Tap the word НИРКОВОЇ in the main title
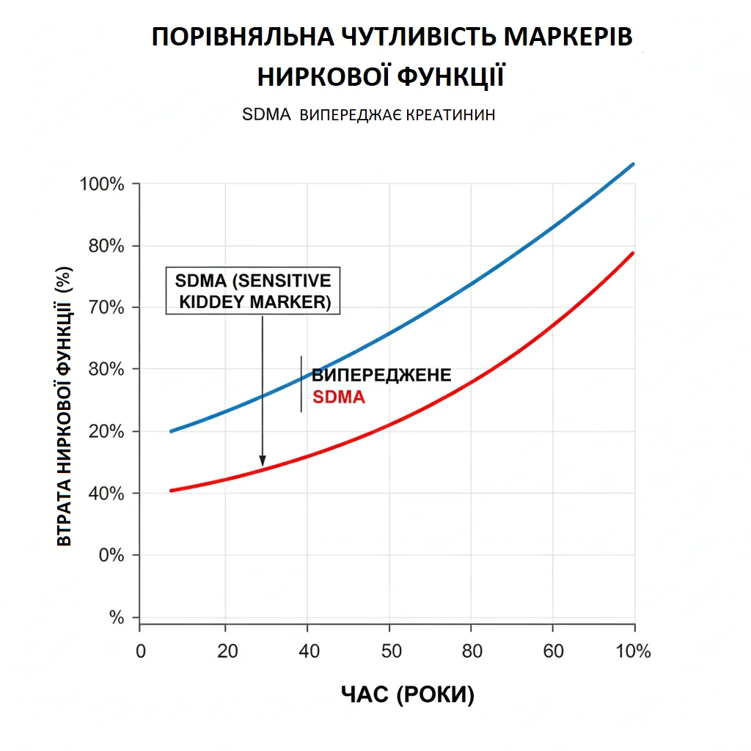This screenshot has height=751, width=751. click(319, 76)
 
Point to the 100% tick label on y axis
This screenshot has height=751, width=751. click(102, 184)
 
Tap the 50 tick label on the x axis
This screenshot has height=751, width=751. click(389, 652)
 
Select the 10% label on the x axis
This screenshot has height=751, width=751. click(634, 652)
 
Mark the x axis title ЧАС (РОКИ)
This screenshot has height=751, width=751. click(408, 695)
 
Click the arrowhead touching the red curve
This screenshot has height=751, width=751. click(263, 461)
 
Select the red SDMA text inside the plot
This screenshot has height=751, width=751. click(339, 398)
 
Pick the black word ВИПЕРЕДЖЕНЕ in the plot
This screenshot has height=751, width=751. click(381, 376)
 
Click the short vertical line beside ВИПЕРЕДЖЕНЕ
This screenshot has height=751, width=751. click(301, 384)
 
